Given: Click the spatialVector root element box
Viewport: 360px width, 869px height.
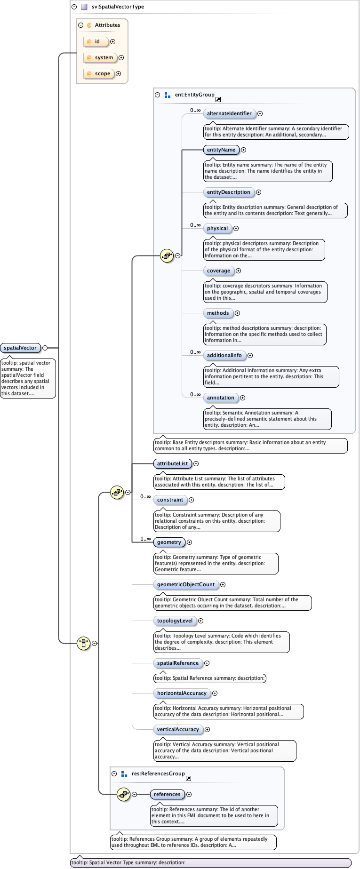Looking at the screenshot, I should coord(20,348).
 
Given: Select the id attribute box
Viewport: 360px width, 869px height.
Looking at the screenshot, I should coord(96,42).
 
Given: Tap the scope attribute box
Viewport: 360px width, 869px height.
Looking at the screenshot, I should coord(99,74).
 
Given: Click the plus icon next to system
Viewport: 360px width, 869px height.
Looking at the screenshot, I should coord(121,58).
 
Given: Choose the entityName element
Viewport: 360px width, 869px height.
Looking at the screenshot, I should coord(221,150).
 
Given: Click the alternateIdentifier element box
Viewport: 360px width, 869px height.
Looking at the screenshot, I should coord(229,114).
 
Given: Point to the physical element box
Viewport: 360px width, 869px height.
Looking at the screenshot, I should coord(217,229).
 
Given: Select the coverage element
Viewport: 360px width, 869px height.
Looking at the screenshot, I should coord(219,271).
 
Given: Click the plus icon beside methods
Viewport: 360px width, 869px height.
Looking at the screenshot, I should coord(238,313).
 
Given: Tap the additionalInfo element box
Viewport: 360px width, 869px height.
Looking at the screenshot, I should coord(224,356).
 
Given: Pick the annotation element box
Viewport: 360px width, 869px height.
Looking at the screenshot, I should coord(221,398).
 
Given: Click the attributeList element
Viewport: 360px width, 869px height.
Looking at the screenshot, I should coord(172,464).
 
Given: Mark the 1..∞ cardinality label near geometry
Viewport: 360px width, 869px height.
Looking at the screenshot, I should coord(145,539).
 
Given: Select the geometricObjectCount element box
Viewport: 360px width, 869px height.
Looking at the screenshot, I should coord(186,585).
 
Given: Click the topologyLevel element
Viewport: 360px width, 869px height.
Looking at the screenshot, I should coord(175,621).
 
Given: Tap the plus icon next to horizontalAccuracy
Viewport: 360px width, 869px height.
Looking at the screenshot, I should coord(215,694).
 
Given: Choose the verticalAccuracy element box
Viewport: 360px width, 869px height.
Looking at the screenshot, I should coord(178,730).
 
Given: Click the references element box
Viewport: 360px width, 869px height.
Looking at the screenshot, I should coord(167,795).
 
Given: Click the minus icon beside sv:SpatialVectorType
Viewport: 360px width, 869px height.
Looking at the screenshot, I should coord(74,7).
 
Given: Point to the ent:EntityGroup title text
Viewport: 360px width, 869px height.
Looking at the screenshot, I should coord(194,95).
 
